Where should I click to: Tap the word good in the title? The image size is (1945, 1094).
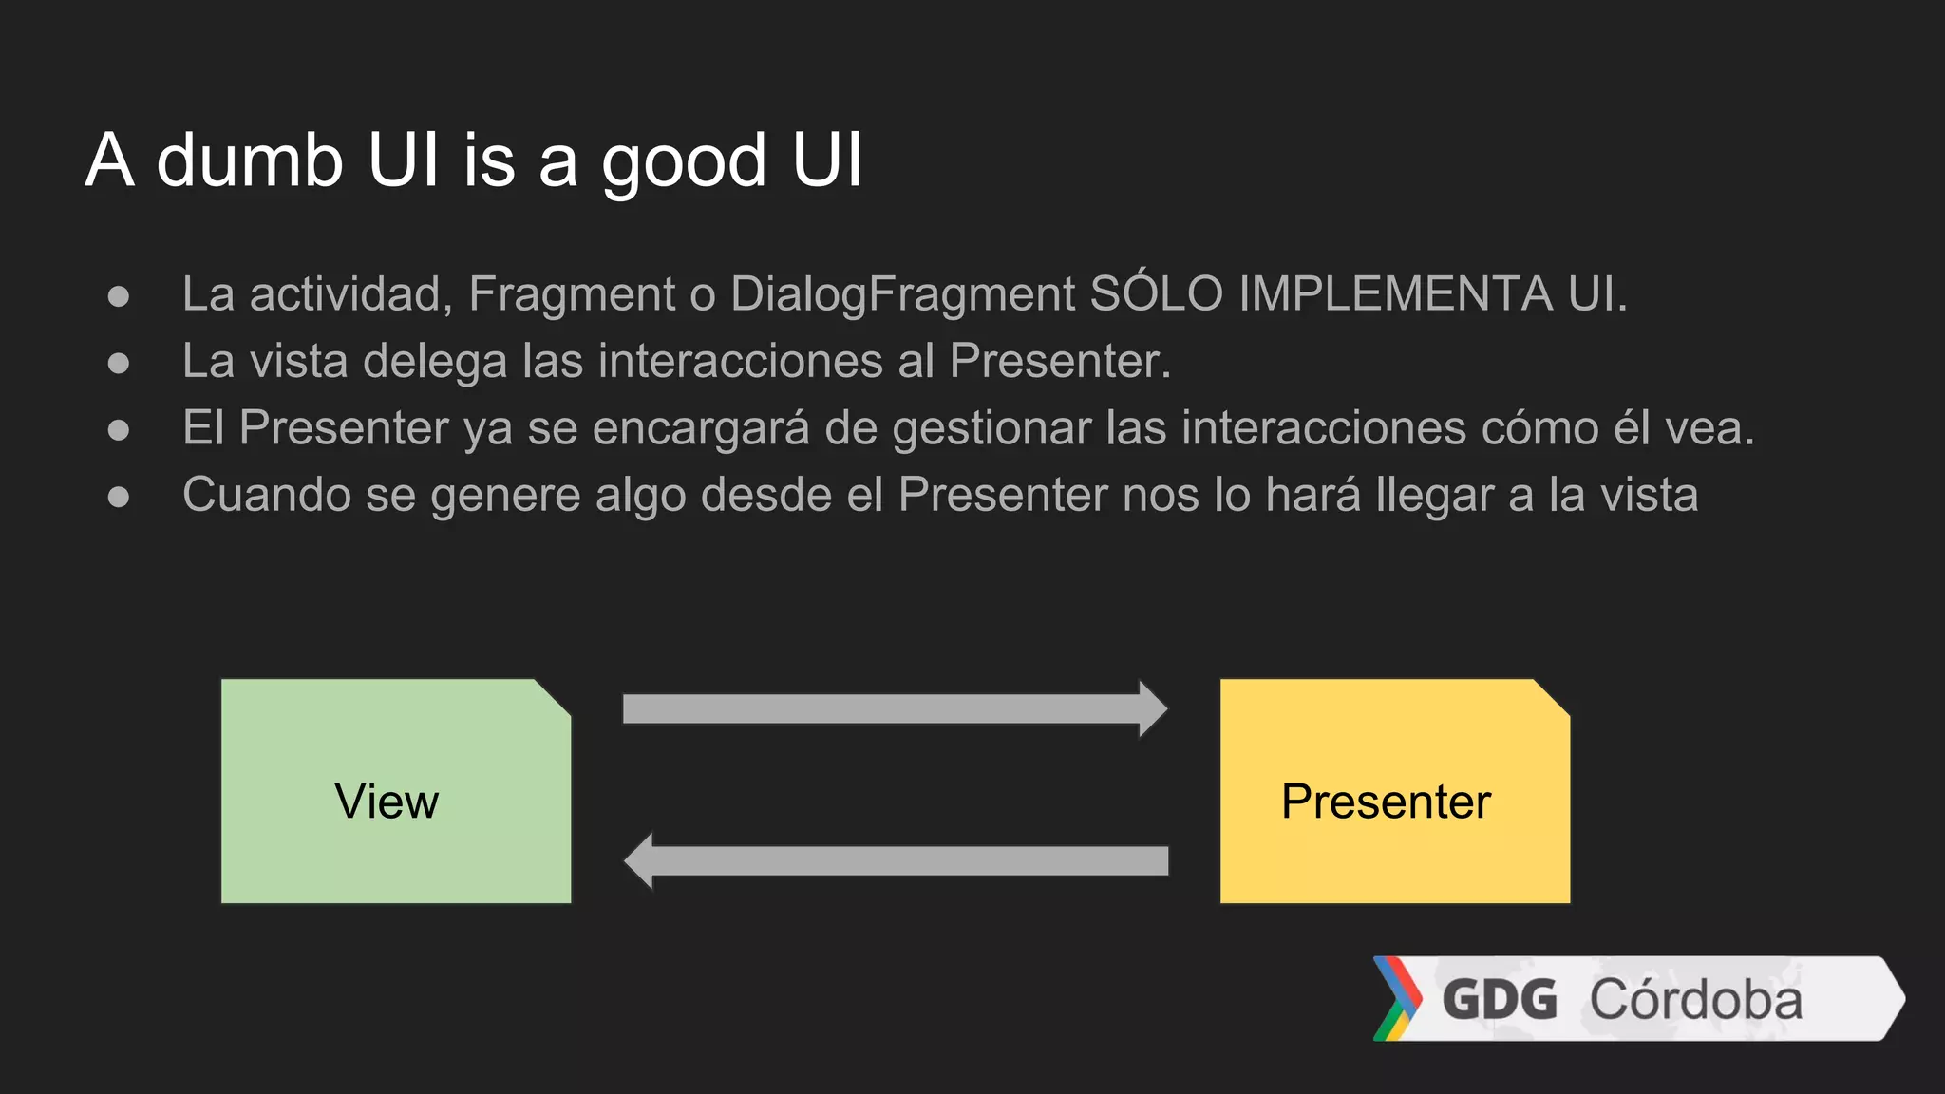(684, 161)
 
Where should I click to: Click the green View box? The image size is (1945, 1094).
(395, 792)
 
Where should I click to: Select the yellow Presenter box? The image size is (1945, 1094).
(1394, 792)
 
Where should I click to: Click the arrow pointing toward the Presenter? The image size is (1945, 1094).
(893, 708)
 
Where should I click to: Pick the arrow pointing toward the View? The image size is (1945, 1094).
(893, 860)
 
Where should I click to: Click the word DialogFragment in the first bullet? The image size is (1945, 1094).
(902, 294)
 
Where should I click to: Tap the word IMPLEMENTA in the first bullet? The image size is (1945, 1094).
(1394, 294)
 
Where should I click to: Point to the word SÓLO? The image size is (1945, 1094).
(1156, 294)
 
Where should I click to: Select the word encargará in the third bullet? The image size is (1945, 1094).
(701, 428)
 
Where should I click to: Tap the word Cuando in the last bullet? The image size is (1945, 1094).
(267, 495)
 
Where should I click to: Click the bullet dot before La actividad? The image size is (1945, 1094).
(119, 296)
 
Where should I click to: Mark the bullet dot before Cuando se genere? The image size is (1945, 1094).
(119, 497)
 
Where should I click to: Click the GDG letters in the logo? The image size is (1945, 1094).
(1500, 1000)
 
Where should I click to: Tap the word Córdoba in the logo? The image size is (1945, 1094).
(1696, 1000)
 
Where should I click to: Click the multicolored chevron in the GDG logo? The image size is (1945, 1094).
(1397, 998)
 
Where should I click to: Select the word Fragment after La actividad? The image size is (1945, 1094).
(572, 294)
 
